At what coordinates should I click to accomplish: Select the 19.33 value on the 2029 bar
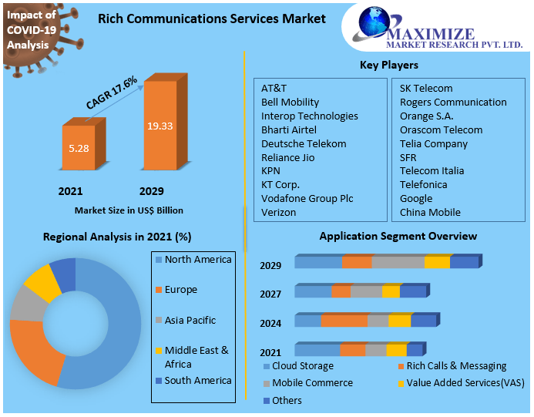[160, 126]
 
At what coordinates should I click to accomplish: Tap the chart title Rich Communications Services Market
[211, 18]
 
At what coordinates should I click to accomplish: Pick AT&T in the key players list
[274, 88]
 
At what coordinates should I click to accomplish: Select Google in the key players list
[416, 198]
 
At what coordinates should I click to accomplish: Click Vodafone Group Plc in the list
[307, 198]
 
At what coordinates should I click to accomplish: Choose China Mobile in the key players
[430, 212]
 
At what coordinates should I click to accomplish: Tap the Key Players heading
[389, 65]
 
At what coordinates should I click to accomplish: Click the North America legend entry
[197, 260]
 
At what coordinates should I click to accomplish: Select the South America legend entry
[197, 380]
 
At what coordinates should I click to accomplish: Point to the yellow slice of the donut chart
[42, 283]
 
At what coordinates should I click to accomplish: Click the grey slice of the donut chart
[25, 306]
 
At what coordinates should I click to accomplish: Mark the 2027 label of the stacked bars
[270, 294]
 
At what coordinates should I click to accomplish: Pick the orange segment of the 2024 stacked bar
[344, 321]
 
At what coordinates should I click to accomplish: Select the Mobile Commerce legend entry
[312, 382]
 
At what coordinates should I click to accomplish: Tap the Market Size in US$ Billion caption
[129, 210]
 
